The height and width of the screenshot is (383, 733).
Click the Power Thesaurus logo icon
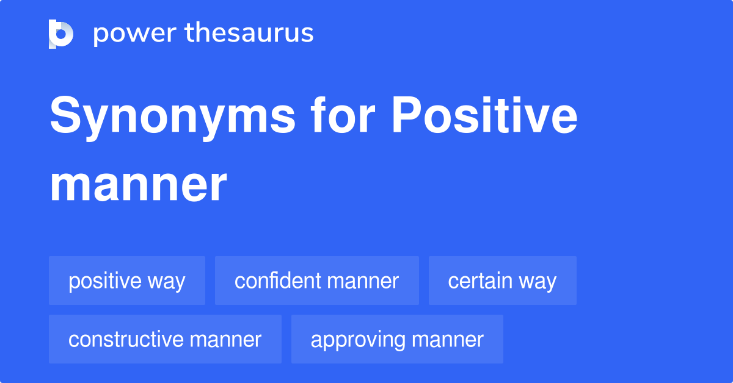[x=61, y=34]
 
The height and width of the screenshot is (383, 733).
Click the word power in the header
[x=135, y=34]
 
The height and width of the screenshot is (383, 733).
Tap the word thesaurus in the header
[x=249, y=32]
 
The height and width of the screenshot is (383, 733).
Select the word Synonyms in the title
[x=172, y=116]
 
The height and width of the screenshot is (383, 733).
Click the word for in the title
[x=343, y=115]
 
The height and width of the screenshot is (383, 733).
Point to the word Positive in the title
[x=484, y=115]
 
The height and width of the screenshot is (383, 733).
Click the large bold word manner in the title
[x=138, y=185]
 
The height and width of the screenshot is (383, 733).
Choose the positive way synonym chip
[x=127, y=281]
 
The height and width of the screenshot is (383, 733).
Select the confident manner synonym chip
[x=317, y=281]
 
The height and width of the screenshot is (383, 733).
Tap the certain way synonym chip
[x=503, y=281]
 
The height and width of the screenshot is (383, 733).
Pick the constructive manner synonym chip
[x=166, y=339]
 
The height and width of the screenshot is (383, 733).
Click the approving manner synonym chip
[x=397, y=339]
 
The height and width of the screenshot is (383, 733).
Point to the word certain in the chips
[x=480, y=281]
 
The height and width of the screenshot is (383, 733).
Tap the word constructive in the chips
[x=125, y=339]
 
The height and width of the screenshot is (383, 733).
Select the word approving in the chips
[x=358, y=340]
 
